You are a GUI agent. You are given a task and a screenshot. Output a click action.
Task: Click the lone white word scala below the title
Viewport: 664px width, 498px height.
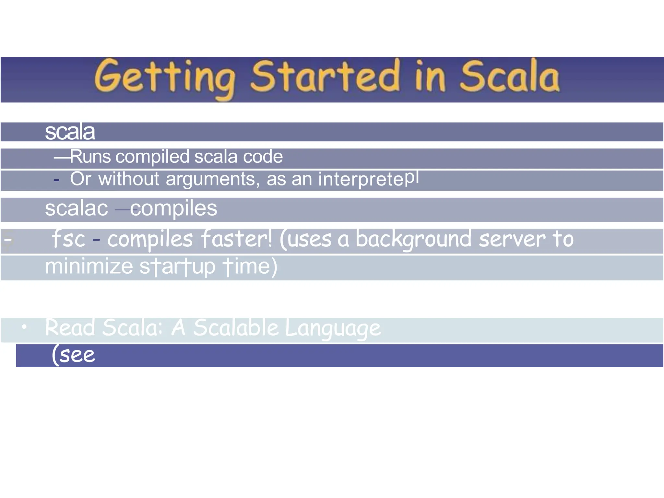pos(70,132)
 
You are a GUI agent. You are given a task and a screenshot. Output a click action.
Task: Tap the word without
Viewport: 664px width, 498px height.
pos(129,179)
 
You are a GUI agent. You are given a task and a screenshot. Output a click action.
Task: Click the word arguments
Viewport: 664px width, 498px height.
pos(212,179)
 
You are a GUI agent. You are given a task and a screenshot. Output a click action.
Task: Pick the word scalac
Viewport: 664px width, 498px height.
pos(76,208)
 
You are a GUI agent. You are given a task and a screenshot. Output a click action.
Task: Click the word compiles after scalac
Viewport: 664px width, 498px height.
pos(173,208)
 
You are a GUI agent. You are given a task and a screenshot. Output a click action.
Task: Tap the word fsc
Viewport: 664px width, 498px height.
pos(68,239)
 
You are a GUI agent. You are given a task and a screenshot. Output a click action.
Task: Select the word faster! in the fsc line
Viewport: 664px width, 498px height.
pos(236,239)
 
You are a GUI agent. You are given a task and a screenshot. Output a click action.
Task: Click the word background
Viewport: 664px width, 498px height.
pos(413,239)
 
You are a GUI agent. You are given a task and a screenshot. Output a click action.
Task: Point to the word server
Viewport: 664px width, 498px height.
pos(512,239)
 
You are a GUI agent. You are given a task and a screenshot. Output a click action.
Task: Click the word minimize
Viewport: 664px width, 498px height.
pos(89,267)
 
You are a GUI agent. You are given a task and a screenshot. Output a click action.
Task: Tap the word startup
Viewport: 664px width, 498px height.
pos(177,267)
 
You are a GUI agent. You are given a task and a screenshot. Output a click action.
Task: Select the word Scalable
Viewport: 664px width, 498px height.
pos(236,328)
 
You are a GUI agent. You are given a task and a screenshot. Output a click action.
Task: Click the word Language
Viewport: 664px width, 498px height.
pos(333,328)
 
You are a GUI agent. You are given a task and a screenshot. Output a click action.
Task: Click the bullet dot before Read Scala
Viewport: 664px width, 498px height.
pos(24,327)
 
